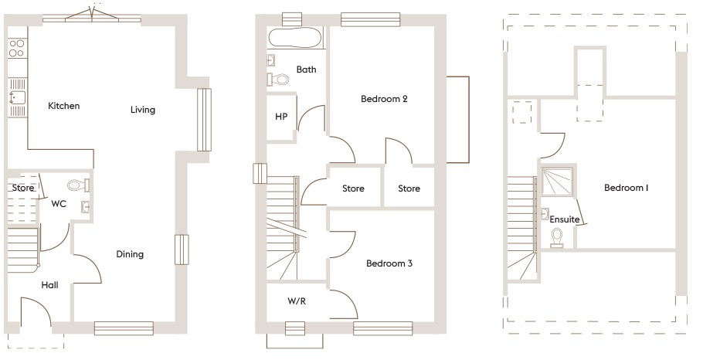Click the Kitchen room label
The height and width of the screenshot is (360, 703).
(63, 106)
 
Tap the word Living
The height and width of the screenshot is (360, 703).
(143, 110)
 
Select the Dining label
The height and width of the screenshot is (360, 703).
(130, 254)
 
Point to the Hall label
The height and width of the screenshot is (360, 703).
(49, 285)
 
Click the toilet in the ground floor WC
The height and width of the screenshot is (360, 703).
(79, 185)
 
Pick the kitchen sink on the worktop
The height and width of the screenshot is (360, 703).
(18, 97)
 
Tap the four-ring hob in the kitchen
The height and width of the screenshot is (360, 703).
(17, 48)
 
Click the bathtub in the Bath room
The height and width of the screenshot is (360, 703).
(294, 38)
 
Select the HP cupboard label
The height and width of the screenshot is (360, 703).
(281, 117)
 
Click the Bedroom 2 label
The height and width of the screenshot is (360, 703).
(384, 99)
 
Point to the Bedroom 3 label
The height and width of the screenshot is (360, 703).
(389, 263)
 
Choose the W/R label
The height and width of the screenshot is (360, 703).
(297, 301)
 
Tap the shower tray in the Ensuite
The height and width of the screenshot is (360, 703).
(557, 182)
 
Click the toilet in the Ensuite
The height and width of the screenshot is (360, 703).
(557, 238)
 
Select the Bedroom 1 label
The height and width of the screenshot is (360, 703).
(627, 188)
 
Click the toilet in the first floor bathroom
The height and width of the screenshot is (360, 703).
(278, 80)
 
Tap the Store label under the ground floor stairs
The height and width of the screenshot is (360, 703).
(23, 188)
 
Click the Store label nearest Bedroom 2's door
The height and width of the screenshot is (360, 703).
(409, 188)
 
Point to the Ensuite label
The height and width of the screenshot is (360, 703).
(565, 219)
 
